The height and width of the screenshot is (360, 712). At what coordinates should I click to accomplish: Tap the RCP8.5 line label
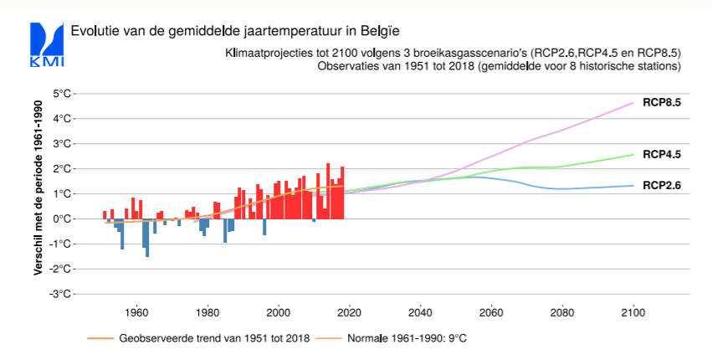(662, 104)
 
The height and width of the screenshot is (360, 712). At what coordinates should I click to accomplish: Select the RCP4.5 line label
(662, 155)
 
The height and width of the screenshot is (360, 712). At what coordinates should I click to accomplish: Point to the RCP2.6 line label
(662, 186)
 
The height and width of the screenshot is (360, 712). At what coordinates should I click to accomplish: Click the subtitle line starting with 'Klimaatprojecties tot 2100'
(452, 53)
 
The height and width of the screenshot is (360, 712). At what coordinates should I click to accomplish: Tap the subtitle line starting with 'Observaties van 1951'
(499, 66)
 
